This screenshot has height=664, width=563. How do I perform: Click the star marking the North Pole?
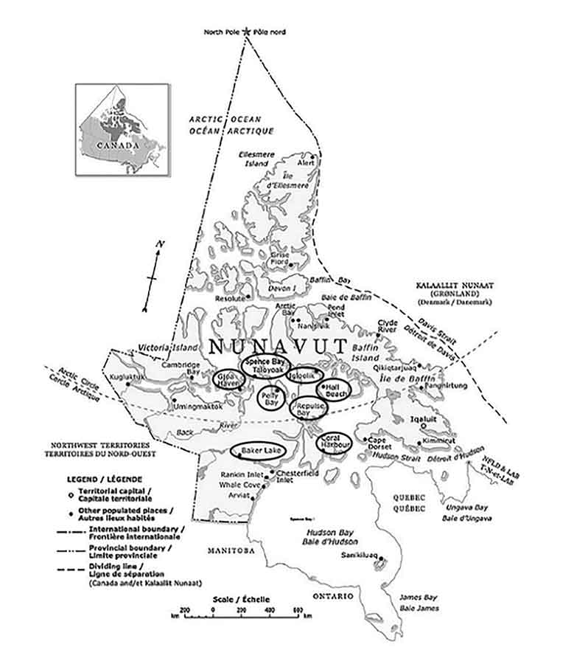point(247,32)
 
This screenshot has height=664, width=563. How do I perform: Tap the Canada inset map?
point(122,130)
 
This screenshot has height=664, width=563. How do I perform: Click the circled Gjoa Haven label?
point(228,378)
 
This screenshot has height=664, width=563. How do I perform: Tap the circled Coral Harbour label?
point(336,443)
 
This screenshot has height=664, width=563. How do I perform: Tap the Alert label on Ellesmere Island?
point(304,162)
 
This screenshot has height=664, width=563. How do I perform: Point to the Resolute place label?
point(231,299)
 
